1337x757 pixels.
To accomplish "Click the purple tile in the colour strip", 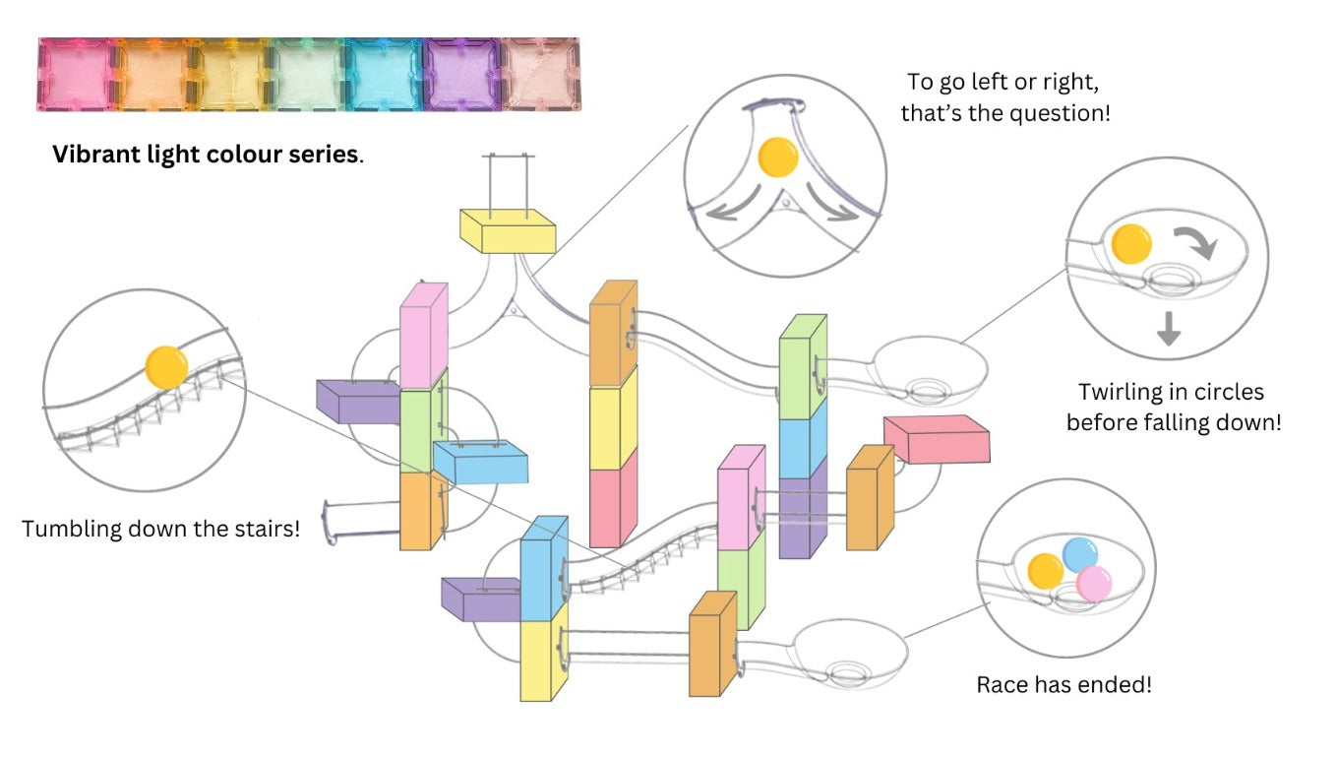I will [460, 74].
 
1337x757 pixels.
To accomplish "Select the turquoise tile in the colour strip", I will [384, 74].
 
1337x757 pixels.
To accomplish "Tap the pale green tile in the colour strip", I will [307, 74].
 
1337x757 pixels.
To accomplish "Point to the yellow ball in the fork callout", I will [779, 158].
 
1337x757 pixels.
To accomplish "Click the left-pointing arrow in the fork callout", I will [728, 205].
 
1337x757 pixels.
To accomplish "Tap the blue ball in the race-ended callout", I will [1079, 554].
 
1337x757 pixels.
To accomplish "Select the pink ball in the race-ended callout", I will [1093, 584].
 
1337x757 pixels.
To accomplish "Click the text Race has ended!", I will [1064, 684].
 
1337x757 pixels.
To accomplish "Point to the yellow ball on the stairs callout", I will [165, 366].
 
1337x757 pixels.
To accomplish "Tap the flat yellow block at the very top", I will [508, 230].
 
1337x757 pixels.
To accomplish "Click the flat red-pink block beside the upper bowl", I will [937, 439].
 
